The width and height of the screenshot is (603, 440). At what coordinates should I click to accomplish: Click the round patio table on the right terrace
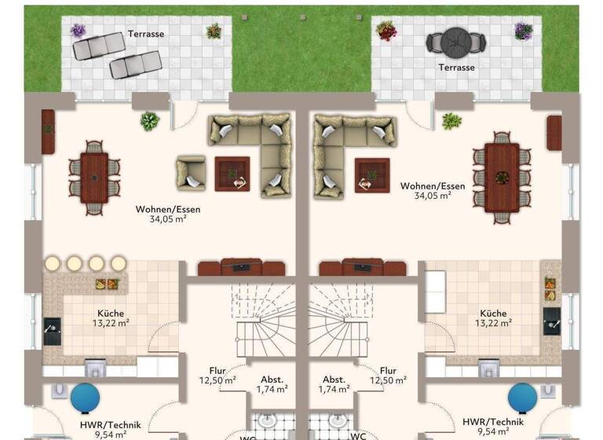pos(456,40)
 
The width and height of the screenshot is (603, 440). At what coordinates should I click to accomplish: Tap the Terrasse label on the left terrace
pos(145,34)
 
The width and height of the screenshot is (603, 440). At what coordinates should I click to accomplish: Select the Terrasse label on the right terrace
pos(456,68)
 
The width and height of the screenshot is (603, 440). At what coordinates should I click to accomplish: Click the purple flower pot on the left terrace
pos(78,31)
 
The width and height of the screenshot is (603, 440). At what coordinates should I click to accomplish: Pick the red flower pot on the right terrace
pos(386,31)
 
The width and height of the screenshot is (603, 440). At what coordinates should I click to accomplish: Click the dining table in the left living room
pos(94,178)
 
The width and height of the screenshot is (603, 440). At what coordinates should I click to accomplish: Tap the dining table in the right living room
pos(502,177)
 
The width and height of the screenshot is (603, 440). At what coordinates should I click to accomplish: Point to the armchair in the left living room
pos(191,172)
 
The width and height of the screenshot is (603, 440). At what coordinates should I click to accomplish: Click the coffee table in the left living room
pos(232,174)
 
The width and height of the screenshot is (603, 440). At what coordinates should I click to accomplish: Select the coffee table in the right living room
pos(371,174)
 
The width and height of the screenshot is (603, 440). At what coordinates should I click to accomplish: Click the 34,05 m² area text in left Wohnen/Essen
pos(168,219)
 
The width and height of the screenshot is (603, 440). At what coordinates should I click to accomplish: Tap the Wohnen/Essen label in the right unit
pos(433,186)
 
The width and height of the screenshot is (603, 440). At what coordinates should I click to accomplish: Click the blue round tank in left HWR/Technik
pos(85,398)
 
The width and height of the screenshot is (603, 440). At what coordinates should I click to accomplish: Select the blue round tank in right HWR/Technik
pos(522,398)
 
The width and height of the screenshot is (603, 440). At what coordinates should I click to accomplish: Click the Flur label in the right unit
pos(388,371)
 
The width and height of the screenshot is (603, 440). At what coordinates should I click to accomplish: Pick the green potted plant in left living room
pos(149,121)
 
